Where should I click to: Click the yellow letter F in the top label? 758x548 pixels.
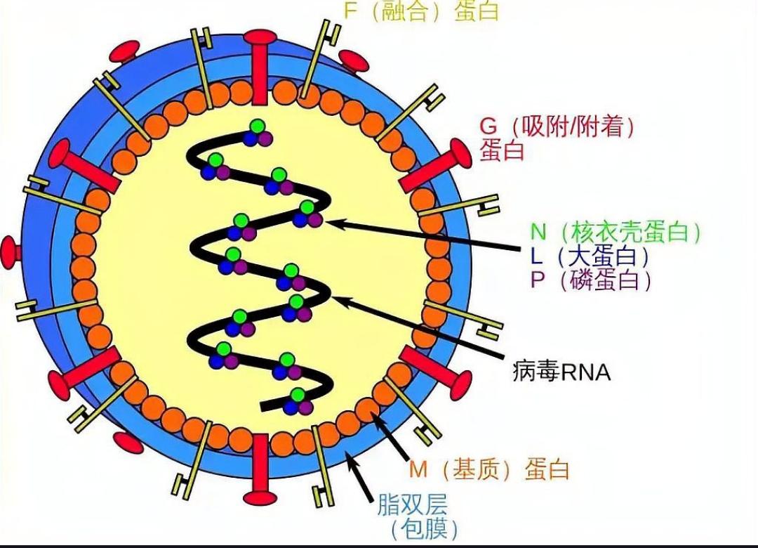pyautogui.click(x=350, y=11)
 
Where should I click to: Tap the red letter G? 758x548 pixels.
pyautogui.click(x=488, y=126)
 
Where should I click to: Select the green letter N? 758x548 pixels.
pyautogui.click(x=538, y=231)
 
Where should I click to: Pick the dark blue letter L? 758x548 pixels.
pyautogui.click(x=536, y=256)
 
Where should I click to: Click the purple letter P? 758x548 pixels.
pyautogui.click(x=538, y=280)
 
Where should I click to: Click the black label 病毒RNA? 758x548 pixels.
pyautogui.click(x=561, y=372)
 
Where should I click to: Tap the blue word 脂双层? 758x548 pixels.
pyautogui.click(x=413, y=504)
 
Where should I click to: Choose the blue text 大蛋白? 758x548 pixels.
pyautogui.click(x=603, y=256)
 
